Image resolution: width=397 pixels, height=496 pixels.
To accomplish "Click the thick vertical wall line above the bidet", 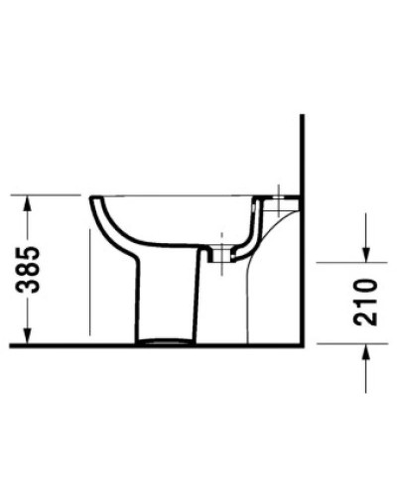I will [x=301, y=149].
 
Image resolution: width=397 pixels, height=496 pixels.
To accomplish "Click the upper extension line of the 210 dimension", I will [x=347, y=264].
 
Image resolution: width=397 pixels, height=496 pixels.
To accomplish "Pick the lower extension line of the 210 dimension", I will [x=347, y=344].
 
